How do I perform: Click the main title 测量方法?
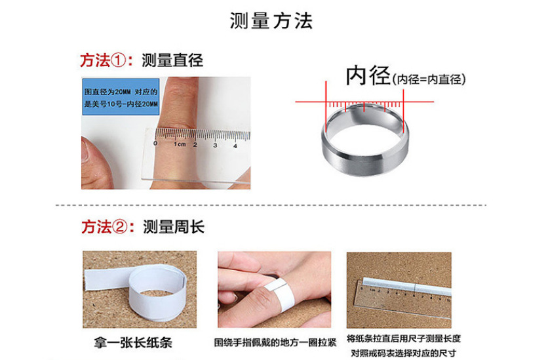point(271,21)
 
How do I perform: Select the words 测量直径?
point(172,60)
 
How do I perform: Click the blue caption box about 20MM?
point(121,97)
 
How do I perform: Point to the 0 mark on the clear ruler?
point(155,143)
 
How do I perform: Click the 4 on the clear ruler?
point(235,146)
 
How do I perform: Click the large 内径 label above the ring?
point(368,75)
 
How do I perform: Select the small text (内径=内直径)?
point(429,79)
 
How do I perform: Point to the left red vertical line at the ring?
point(326,107)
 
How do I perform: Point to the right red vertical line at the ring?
point(403,111)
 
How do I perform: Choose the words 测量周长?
point(174,227)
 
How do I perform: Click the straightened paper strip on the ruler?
point(406,287)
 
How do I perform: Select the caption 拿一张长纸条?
point(133,342)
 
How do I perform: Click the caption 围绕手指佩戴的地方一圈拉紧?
point(275,342)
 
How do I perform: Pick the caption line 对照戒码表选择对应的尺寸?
point(403,353)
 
